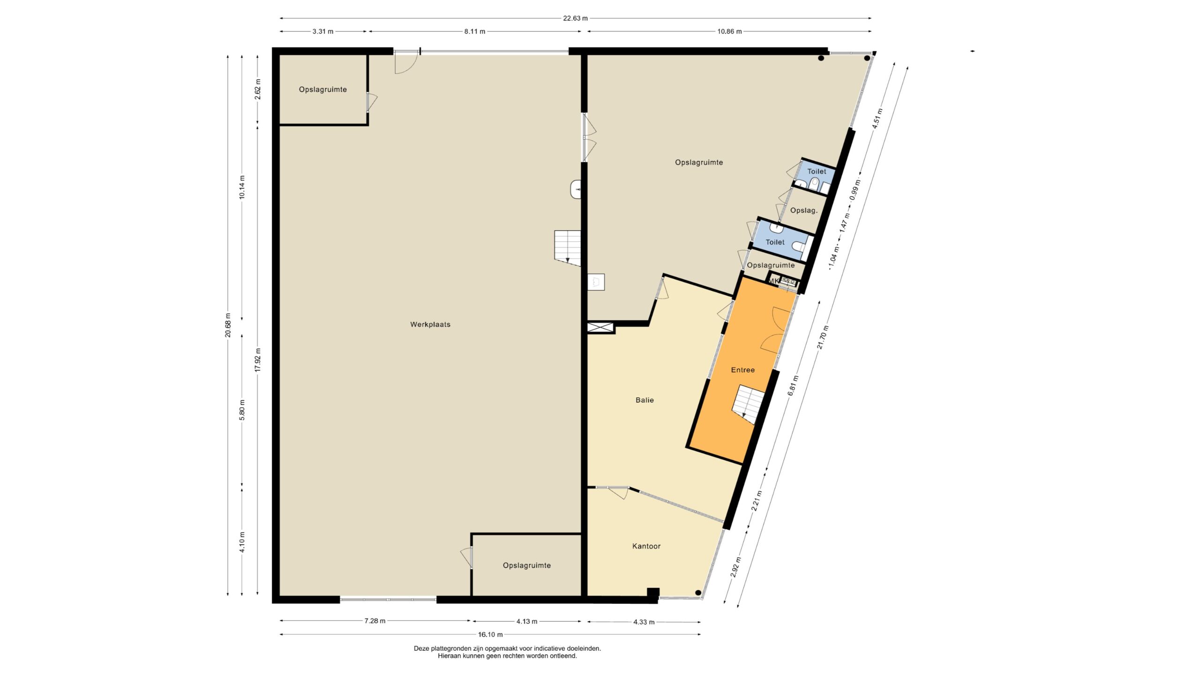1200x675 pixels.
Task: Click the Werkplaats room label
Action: (430, 324)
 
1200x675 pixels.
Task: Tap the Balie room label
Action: (645, 400)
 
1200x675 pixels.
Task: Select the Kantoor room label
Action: (646, 546)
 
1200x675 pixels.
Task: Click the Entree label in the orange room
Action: (743, 370)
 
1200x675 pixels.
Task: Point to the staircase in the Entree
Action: (748, 405)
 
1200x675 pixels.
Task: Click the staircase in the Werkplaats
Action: (568, 248)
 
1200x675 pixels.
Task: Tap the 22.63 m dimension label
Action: (575, 18)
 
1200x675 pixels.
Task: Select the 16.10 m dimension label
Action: (490, 635)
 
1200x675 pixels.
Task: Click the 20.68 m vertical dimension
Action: (228, 325)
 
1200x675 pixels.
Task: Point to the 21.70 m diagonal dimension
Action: (823, 337)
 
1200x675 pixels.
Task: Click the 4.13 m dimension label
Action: (527, 622)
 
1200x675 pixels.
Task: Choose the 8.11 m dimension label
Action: (475, 31)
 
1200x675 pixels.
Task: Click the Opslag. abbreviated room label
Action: (804, 210)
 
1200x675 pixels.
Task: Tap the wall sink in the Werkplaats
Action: (576, 189)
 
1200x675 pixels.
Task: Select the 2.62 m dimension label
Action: (257, 89)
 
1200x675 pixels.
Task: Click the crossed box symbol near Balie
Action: (600, 327)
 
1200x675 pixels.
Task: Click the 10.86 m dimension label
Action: (729, 31)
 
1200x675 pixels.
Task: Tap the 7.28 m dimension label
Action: (375, 621)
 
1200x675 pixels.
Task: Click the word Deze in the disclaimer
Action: (421, 649)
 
